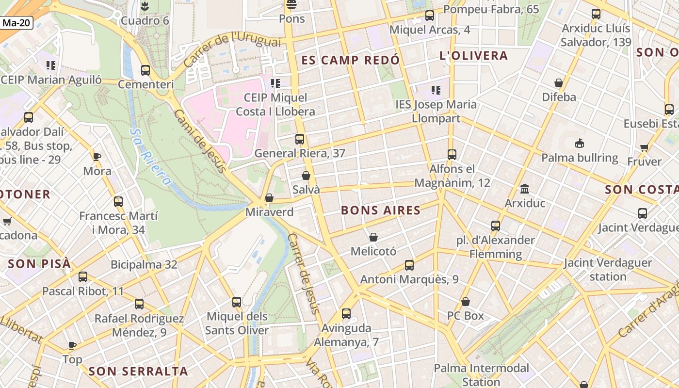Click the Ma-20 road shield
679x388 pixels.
(x=16, y=23)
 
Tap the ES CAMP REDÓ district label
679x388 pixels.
(x=351, y=60)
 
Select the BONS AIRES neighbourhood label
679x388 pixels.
(x=381, y=210)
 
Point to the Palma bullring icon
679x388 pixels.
(x=579, y=144)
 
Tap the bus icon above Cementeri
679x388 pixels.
(x=145, y=70)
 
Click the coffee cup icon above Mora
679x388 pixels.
(x=97, y=157)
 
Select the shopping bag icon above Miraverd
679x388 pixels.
(x=269, y=198)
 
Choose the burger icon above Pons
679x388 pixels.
(x=291, y=5)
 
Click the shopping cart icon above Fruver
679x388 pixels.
(x=644, y=147)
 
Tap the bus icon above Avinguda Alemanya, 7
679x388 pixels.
(x=346, y=314)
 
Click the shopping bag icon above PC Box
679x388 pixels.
(x=466, y=302)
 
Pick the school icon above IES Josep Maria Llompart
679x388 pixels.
(x=436, y=90)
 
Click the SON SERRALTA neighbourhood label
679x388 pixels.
(x=138, y=372)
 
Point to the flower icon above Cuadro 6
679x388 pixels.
(x=144, y=6)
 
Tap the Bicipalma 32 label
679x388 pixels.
(x=144, y=265)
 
